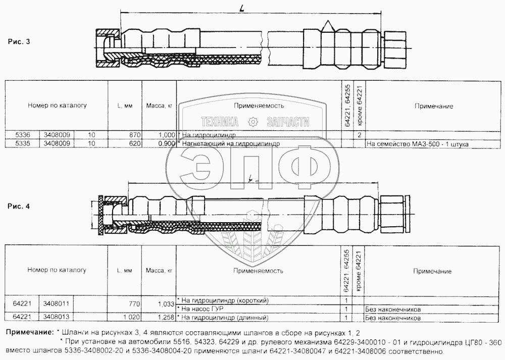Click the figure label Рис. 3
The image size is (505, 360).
pyautogui.click(x=19, y=41)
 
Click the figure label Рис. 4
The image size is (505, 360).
pyautogui.click(x=19, y=206)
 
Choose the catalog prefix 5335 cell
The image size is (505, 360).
pyautogui.click(x=23, y=143)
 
